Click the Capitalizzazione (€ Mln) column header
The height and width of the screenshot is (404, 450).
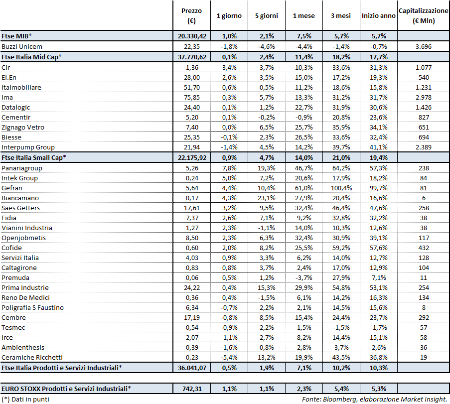[x=423, y=15]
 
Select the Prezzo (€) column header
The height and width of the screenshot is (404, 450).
[x=191, y=15]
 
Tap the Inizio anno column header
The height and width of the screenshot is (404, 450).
[x=379, y=15]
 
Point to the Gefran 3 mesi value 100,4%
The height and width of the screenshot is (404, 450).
[x=340, y=188]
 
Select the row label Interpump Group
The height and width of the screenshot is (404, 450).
[x=28, y=147]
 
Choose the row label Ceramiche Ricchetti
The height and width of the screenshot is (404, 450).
[x=32, y=357]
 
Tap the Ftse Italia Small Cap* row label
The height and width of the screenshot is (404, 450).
[x=34, y=157]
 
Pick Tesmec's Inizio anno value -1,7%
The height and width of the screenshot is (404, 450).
[x=379, y=327]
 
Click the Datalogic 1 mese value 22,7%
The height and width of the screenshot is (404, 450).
[x=303, y=107]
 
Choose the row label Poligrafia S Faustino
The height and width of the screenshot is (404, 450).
[x=33, y=307]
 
